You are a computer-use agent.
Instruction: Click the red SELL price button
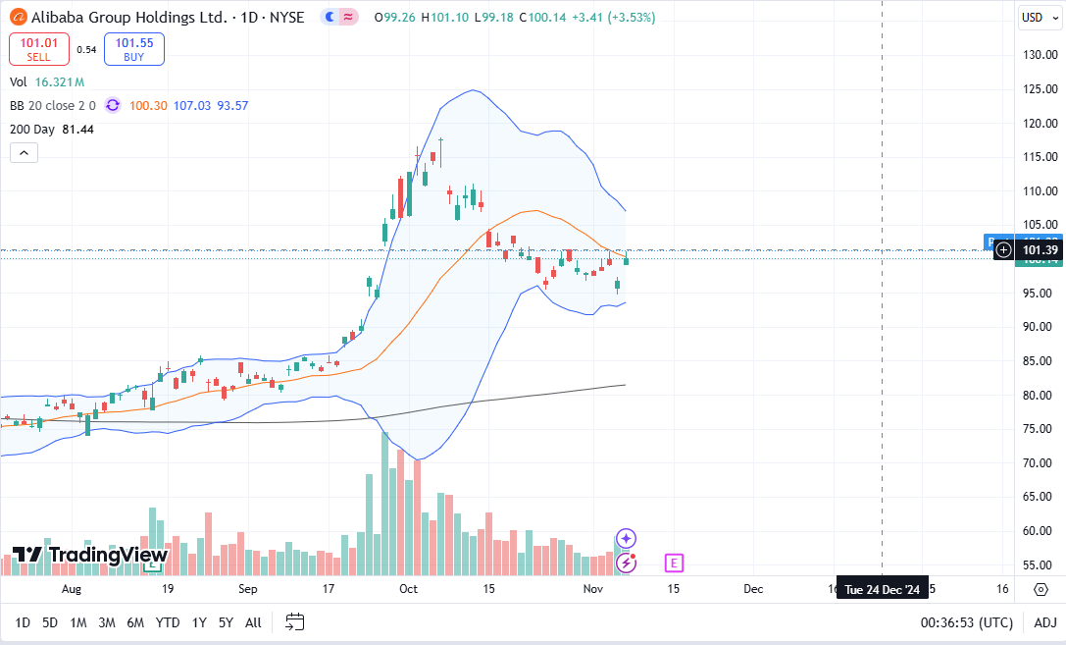pos(38,49)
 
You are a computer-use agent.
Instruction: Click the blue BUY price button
pos(133,49)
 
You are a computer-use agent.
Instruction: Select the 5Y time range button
pos(226,622)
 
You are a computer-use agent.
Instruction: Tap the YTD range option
pos(168,622)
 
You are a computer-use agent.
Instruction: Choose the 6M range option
pos(135,622)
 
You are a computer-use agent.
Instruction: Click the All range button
pos(253,622)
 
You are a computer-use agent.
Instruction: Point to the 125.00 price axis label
pos(1040,89)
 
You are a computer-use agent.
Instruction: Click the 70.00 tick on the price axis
pos(1040,462)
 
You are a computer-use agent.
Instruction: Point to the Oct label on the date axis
pos(408,589)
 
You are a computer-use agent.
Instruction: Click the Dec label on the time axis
pos(753,589)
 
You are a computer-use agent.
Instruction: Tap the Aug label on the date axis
pos(71,589)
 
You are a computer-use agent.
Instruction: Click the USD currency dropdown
pos(1036,17)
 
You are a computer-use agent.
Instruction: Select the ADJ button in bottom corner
pos(1045,622)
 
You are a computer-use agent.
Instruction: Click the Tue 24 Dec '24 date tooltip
pos(882,589)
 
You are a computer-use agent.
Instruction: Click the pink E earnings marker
pos(673,563)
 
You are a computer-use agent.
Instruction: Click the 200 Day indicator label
pos(51,129)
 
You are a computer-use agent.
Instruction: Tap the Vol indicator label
pos(19,82)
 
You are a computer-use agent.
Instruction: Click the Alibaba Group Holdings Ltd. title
pos(128,17)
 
